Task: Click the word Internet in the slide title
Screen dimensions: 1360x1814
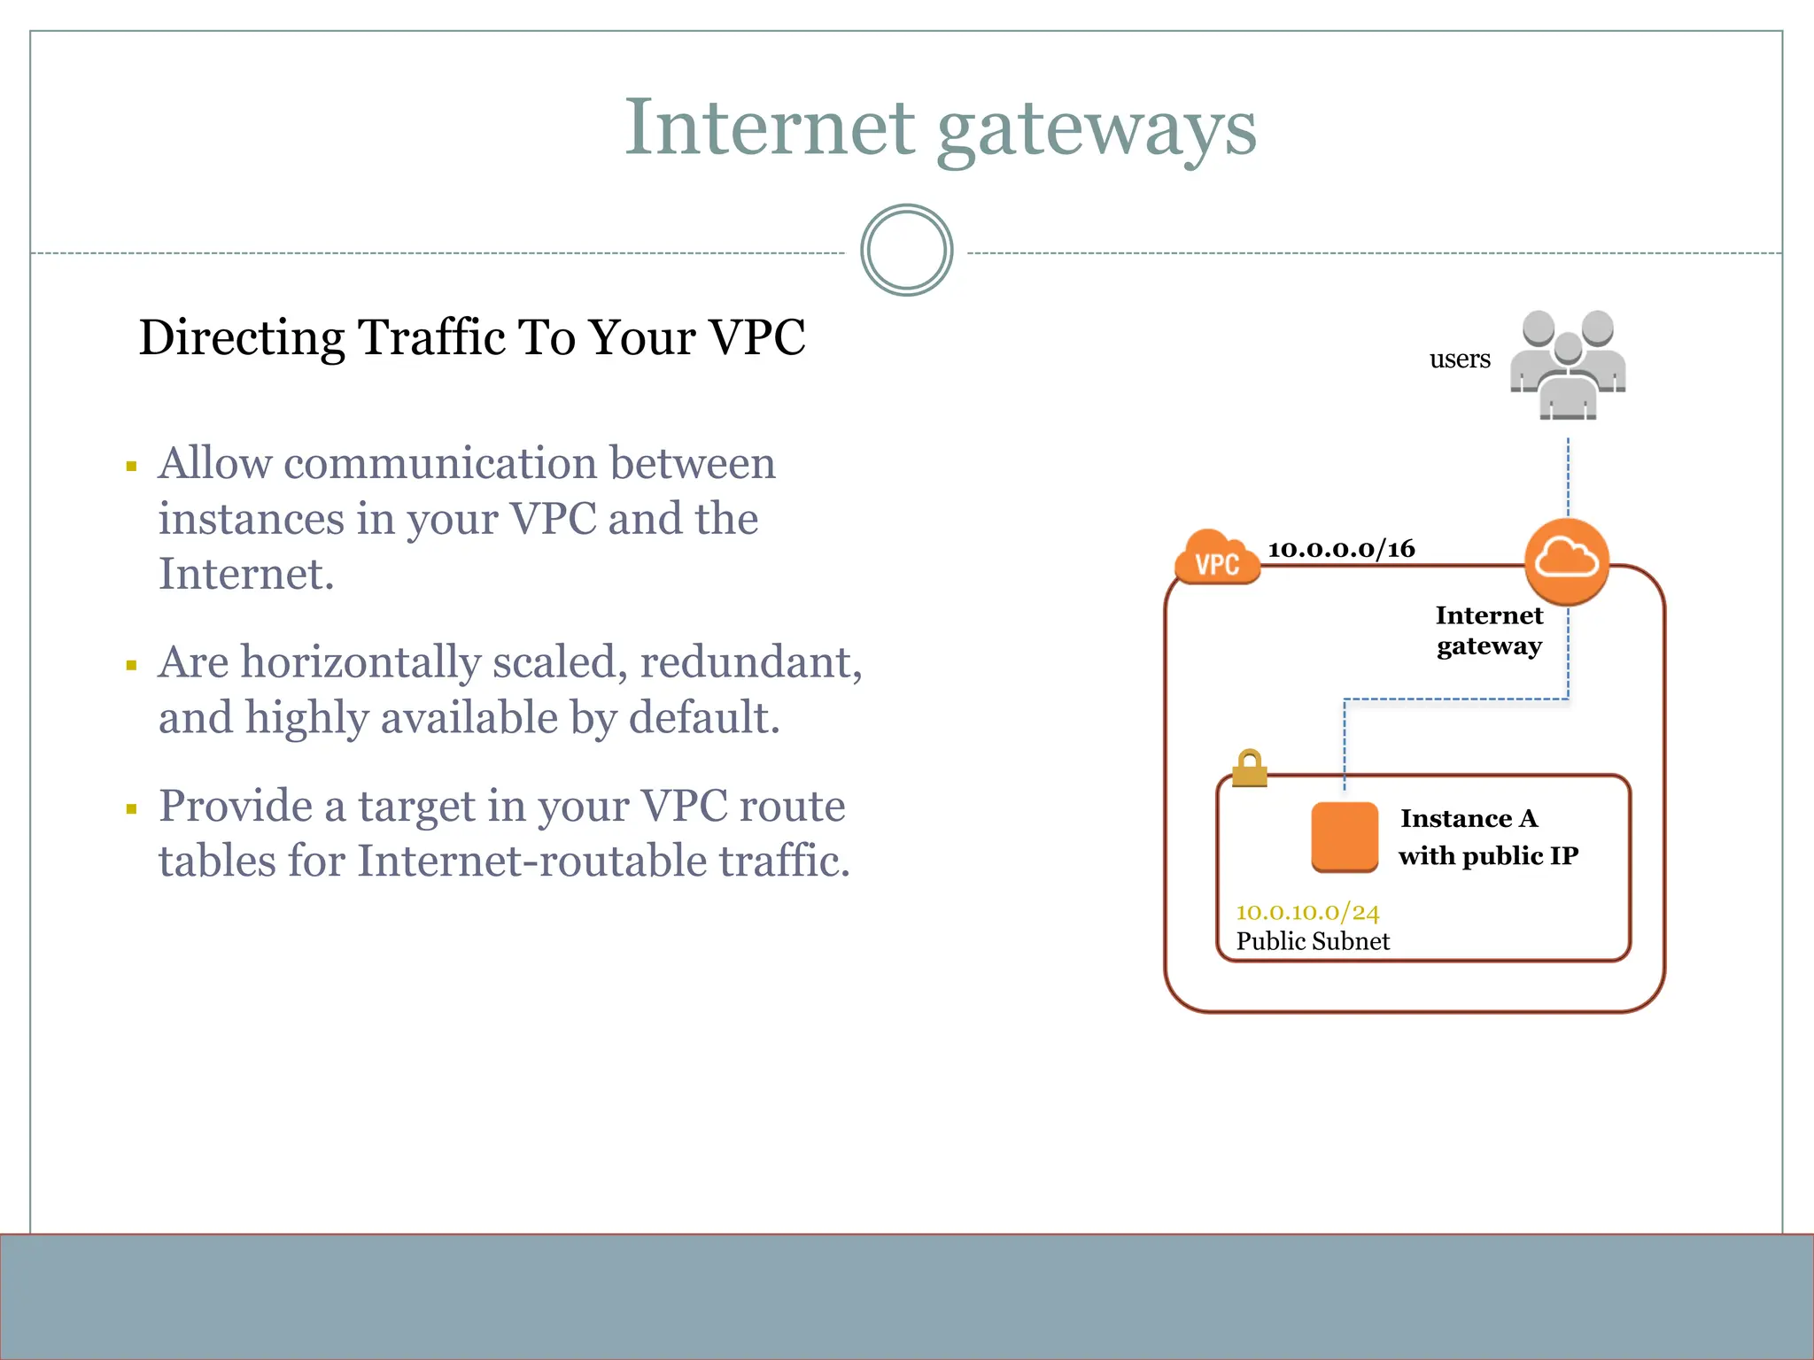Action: pos(769,128)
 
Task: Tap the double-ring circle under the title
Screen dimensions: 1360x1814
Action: pos(906,251)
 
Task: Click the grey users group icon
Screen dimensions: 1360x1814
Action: pos(1568,365)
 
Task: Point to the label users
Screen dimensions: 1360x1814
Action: pos(1459,359)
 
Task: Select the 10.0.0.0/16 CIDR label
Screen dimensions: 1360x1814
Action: pos(1341,549)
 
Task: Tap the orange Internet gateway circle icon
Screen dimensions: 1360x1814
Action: pos(1566,560)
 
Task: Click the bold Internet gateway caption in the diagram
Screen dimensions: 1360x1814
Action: pos(1489,630)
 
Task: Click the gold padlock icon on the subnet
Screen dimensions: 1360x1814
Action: pos(1249,769)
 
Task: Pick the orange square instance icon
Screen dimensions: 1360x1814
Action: pos(1344,837)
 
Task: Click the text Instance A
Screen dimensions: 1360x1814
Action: pos(1469,818)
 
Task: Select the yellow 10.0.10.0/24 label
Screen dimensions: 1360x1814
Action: pos(1307,912)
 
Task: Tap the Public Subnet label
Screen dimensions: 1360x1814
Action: pos(1313,941)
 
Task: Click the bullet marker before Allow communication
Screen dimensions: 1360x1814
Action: pos(131,466)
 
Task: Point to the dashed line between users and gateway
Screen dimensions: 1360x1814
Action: pos(1568,478)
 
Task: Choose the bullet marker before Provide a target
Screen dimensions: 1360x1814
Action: pos(131,808)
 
